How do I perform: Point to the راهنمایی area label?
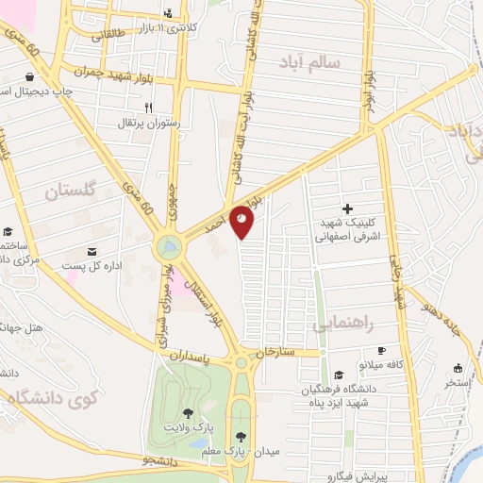pos(348,323)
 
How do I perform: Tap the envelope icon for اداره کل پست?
pos(92,251)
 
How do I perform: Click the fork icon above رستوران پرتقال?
pos(148,108)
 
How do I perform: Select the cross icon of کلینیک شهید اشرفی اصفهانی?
pos(347,208)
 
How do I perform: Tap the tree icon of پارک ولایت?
pos(188,412)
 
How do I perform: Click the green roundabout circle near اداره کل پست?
pos(169,247)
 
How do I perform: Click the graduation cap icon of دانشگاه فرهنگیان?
pos(339,375)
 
